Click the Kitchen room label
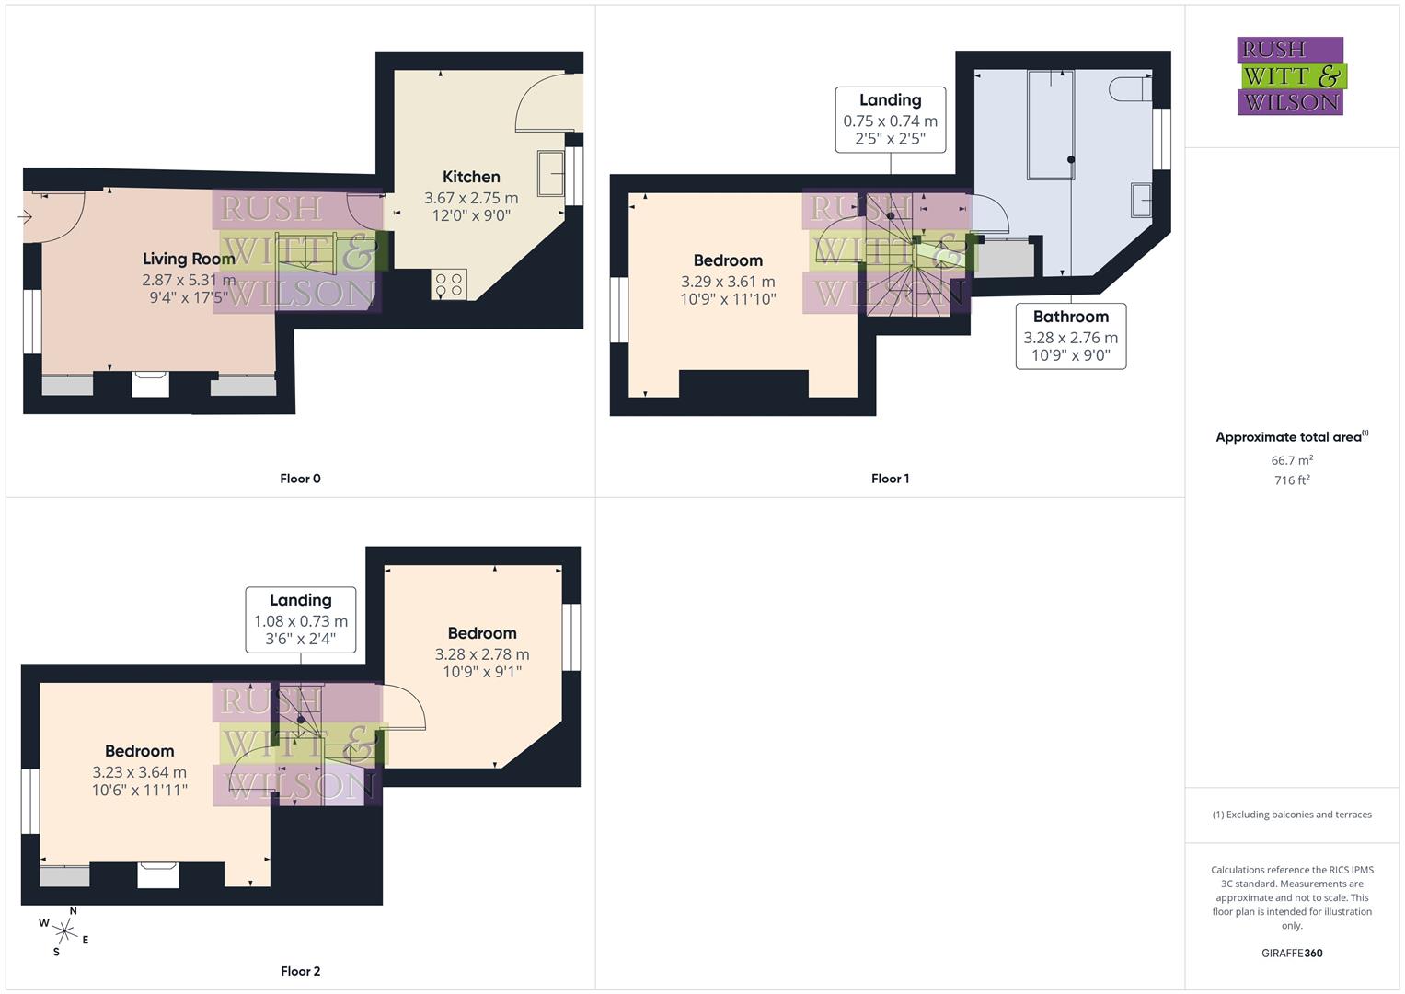click(471, 177)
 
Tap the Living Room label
click(189, 259)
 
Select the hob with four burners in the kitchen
click(449, 283)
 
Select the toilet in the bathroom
click(1129, 89)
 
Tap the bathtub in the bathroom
click(1050, 124)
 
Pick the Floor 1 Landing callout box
click(890, 120)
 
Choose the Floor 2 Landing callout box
click(300, 619)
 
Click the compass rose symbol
click(63, 930)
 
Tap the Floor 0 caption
click(300, 479)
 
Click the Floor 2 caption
click(300, 971)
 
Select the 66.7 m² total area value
click(1291, 460)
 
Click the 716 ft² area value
click(1291, 480)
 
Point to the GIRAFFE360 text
click(1291, 953)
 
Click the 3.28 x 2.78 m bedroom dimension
click(482, 654)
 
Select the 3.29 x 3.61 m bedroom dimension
click(728, 282)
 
